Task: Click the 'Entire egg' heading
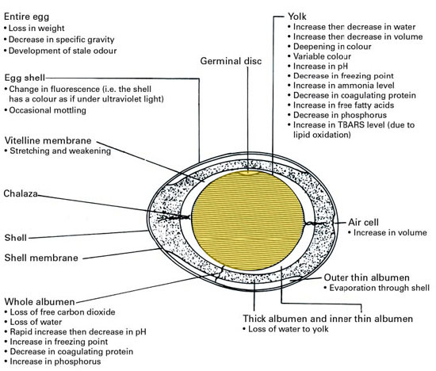click(26, 17)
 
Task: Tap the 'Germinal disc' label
click(231, 61)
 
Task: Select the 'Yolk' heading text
click(297, 17)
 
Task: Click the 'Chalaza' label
click(21, 193)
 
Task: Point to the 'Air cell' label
click(363, 222)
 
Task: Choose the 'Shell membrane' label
click(41, 258)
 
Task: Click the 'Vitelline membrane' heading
click(48, 140)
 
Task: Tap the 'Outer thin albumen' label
click(366, 277)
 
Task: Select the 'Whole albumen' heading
click(40, 302)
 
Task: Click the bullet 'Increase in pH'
click(318, 66)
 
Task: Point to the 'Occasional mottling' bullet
click(45, 110)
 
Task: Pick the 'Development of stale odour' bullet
click(60, 51)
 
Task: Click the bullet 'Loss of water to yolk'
click(285, 329)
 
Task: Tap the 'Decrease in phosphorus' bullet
click(337, 115)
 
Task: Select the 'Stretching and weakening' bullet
click(58, 151)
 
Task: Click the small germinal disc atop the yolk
click(248, 173)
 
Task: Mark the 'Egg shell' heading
click(25, 78)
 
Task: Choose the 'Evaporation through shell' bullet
click(377, 288)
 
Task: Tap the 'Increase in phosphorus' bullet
click(53, 361)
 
